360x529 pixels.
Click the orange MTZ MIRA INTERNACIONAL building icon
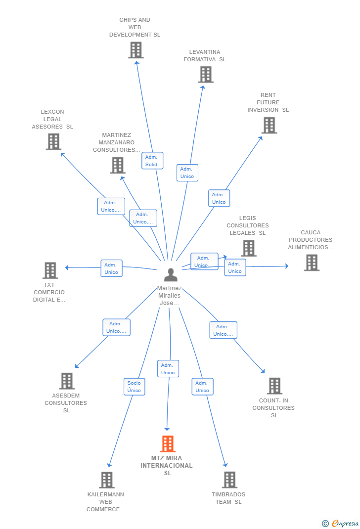[168, 443]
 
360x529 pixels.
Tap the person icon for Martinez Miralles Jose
[171, 274]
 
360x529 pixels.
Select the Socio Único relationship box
[135, 387]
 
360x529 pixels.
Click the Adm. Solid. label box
[152, 161]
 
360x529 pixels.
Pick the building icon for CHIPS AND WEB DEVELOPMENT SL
[136, 50]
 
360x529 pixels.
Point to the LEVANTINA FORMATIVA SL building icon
[206, 74]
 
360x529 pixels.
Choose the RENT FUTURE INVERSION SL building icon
[269, 125]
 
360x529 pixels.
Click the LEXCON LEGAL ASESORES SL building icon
[53, 142]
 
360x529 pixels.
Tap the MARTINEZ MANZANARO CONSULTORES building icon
[117, 165]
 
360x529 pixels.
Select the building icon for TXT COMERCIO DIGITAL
[50, 270]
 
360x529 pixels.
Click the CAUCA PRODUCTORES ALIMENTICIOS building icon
[312, 263]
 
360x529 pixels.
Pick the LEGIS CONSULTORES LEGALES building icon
[249, 248]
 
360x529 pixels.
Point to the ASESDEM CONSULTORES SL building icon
[67, 381]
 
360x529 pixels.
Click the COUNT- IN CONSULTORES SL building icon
[274, 386]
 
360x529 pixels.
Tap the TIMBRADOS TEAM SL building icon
[230, 480]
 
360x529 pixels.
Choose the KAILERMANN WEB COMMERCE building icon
[107, 480]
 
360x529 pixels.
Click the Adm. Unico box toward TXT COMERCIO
[111, 268]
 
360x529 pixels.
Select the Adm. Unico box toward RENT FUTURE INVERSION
[219, 198]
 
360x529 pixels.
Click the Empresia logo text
[345, 523]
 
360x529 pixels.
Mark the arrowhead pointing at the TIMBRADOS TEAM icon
[225, 465]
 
